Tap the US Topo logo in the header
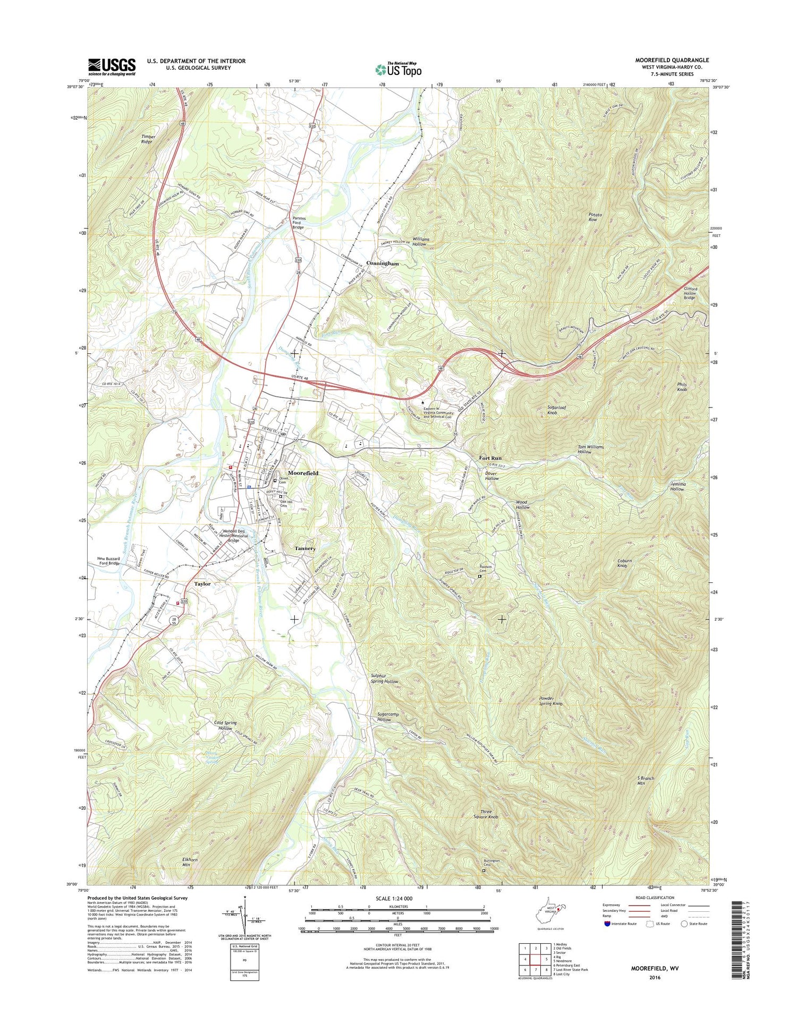(398, 69)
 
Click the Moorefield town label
(303, 472)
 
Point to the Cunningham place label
(382, 264)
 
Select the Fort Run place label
(490, 458)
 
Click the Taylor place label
(202, 583)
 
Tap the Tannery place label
(305, 548)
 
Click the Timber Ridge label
(148, 139)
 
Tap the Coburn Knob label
(624, 563)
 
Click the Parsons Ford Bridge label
(298, 223)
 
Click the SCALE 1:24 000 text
(397, 898)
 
